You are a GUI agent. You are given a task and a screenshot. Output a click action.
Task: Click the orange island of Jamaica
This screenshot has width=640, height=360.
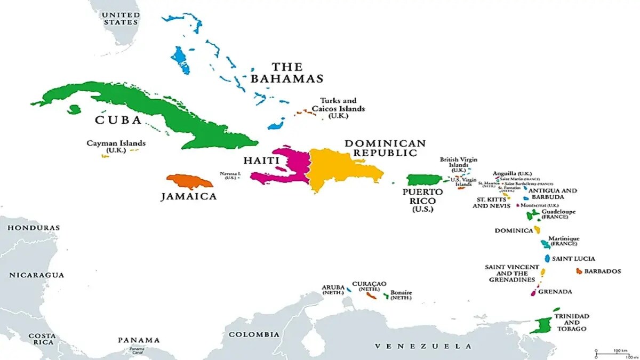(x=189, y=181)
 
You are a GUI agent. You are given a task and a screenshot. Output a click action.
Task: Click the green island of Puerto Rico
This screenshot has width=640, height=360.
(x=424, y=180)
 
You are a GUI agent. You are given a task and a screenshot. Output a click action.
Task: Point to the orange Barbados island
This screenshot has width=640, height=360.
(x=579, y=271)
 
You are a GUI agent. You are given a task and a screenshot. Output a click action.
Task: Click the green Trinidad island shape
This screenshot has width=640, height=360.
(x=541, y=325)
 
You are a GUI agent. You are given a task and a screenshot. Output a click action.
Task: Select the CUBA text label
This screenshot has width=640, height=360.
(x=118, y=120)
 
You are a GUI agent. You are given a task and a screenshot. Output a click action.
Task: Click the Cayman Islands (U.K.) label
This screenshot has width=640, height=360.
(x=116, y=147)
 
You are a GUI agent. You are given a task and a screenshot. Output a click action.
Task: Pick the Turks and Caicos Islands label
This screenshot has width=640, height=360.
(x=342, y=108)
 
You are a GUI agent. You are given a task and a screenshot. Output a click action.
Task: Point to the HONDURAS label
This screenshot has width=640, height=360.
(x=33, y=228)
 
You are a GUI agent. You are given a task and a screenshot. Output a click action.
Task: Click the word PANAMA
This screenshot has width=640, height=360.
(x=139, y=340)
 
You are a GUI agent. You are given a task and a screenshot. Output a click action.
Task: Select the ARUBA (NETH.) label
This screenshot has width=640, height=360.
(x=333, y=290)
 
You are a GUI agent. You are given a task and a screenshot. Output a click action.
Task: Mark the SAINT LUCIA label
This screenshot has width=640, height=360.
(x=573, y=259)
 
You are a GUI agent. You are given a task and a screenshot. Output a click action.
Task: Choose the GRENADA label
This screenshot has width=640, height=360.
(x=555, y=292)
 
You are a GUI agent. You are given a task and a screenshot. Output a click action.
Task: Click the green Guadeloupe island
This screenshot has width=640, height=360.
(x=533, y=215)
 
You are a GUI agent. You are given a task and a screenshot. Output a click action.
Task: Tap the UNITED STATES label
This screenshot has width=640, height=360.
(x=121, y=18)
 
